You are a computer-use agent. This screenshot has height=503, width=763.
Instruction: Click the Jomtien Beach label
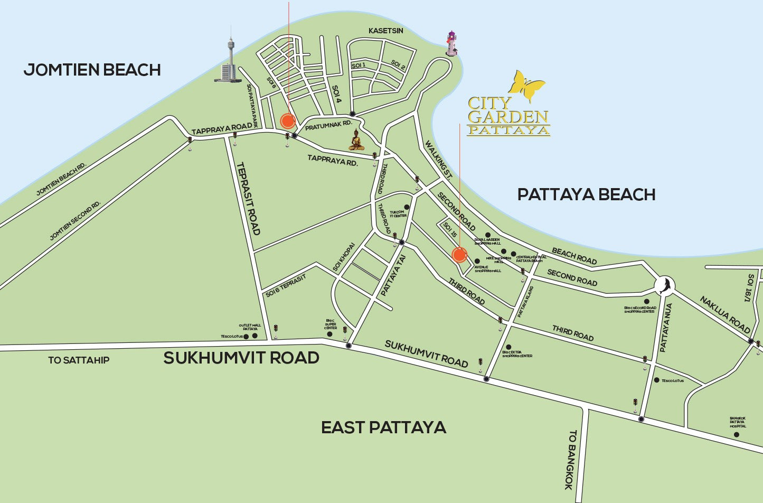92,70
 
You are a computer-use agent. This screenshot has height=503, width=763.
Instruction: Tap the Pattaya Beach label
586,194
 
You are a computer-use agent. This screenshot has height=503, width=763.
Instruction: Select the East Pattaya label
384,427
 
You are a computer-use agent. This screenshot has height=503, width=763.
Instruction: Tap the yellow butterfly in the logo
526,85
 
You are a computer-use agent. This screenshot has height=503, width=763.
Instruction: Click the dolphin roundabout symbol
664,285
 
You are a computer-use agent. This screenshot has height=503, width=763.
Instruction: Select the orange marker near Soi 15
459,255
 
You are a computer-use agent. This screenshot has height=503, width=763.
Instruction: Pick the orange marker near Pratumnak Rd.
288,121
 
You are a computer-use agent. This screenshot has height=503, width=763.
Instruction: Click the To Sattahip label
79,360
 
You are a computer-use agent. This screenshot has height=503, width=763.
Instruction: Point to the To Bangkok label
571,460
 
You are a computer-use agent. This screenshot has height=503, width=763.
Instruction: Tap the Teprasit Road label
248,198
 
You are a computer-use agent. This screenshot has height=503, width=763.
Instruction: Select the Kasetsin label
385,31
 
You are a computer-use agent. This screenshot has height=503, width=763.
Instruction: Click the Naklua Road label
725,314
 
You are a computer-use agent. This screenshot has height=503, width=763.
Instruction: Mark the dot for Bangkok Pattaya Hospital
736,434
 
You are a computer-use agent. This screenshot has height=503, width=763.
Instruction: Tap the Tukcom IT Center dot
407,207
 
